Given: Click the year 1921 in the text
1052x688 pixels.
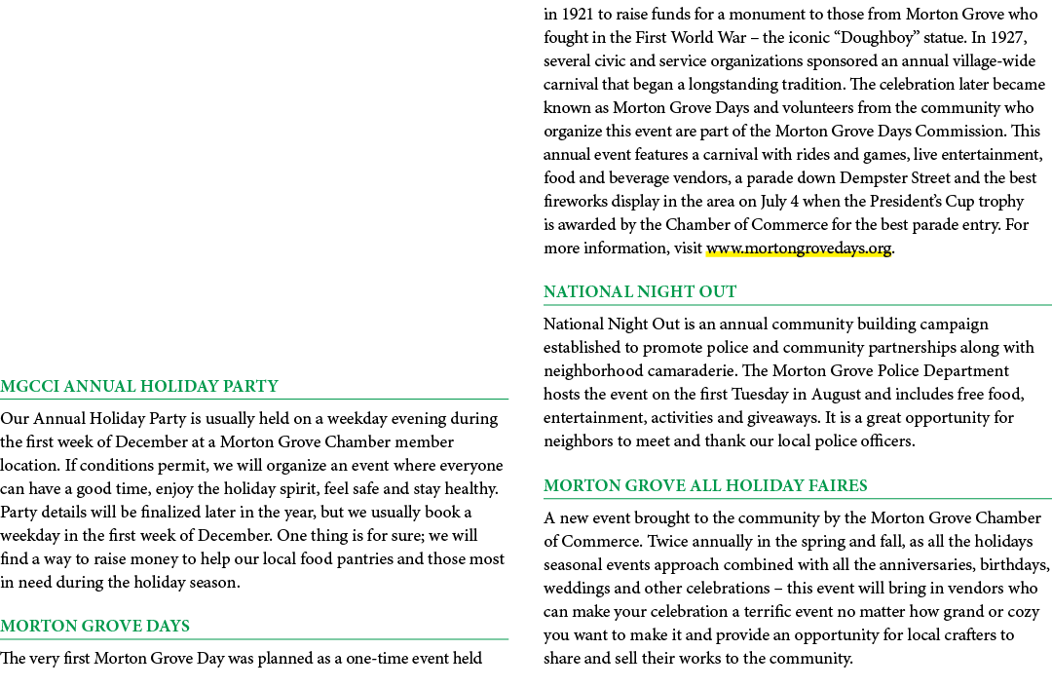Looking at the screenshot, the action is pos(577,14).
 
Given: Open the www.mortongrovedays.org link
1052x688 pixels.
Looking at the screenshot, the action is pos(799,248).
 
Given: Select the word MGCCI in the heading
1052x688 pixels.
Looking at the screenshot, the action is pos(29,387).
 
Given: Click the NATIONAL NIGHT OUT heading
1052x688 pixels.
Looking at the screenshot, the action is pos(640,292).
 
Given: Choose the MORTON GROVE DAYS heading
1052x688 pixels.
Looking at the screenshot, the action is pos(94,627).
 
